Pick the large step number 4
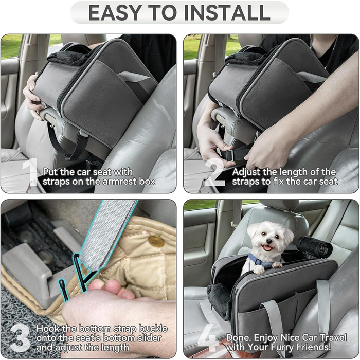click(208, 338)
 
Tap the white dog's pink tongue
click(267, 248)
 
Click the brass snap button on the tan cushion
click(156, 241)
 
